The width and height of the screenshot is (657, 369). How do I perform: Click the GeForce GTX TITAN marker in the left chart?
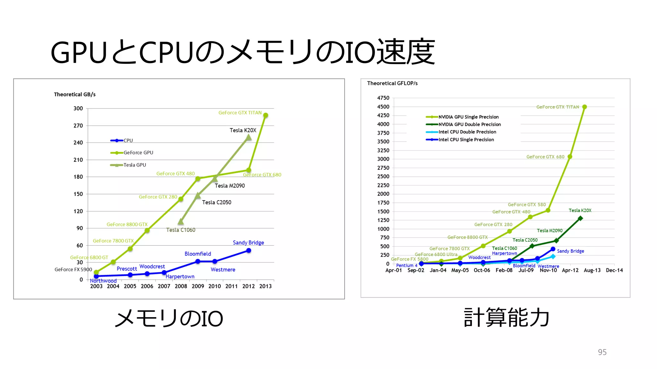point(265,116)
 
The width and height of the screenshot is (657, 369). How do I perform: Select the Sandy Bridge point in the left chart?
point(249,251)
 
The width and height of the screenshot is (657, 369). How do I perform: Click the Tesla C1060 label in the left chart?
point(181,230)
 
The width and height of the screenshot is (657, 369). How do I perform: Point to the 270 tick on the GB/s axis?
point(78,126)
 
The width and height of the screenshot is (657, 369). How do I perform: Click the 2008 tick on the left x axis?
point(181,286)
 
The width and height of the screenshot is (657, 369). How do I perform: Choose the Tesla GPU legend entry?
point(128,165)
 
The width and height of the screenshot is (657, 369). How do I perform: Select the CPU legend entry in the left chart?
point(122,141)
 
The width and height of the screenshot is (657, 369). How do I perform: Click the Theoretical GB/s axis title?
point(75,94)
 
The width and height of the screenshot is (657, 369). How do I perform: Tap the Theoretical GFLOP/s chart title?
point(392,83)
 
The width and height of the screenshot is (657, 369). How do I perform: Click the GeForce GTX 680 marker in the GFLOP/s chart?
point(570,157)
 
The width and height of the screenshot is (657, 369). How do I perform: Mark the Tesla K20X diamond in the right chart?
point(580,218)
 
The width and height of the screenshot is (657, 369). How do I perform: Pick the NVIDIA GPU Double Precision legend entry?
point(464,124)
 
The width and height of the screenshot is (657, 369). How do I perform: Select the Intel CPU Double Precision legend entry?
point(461,132)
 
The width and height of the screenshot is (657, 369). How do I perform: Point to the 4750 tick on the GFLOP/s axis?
point(383,98)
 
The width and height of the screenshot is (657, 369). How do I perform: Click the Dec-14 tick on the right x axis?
point(614,270)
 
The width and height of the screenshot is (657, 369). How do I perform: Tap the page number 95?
point(602,352)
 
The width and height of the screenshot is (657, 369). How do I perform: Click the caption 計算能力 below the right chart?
point(507,318)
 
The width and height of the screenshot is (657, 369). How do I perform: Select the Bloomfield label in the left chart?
point(198,254)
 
